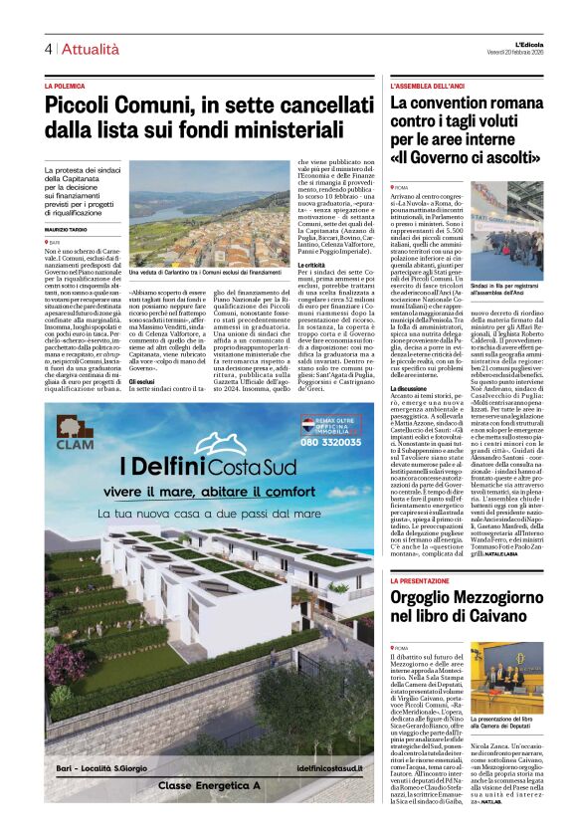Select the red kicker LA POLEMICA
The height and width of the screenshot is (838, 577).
[70, 88]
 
